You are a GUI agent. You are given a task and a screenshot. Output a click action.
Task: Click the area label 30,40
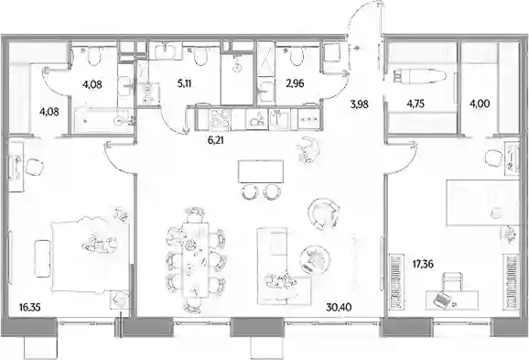(x=339, y=307)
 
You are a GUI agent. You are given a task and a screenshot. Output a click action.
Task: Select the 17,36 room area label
(x=424, y=264)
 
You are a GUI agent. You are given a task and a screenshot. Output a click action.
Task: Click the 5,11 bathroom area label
(x=184, y=83)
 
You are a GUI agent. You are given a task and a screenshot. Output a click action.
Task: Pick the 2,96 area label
(x=295, y=83)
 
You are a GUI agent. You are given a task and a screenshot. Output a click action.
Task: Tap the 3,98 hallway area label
(x=359, y=104)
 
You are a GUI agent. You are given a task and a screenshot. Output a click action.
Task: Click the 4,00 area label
(x=480, y=104)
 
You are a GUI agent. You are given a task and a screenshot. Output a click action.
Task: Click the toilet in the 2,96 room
(x=297, y=56)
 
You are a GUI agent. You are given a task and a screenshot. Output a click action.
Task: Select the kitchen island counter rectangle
(x=261, y=171)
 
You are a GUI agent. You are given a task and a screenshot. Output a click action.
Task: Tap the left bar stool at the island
(x=249, y=192)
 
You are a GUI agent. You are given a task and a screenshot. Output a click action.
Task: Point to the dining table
(x=195, y=260)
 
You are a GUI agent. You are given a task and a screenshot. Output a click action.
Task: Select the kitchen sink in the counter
(x=279, y=119)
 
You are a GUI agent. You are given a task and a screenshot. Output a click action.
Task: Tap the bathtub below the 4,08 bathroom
(x=102, y=119)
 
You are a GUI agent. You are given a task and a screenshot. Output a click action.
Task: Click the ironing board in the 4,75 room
(x=419, y=76)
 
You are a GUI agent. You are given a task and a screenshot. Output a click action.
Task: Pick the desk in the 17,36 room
(x=452, y=300)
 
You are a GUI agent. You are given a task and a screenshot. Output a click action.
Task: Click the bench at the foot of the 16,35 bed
(x=42, y=258)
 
